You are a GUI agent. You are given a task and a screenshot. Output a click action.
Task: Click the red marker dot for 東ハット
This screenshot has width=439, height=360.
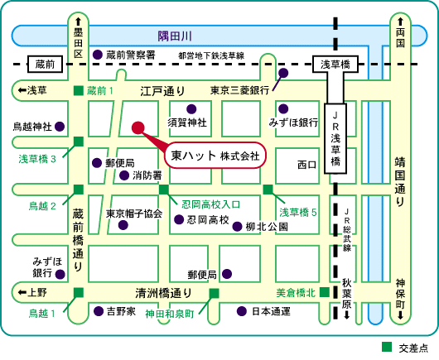click(x=138, y=127)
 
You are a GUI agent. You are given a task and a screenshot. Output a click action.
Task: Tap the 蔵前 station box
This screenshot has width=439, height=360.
click(x=45, y=65)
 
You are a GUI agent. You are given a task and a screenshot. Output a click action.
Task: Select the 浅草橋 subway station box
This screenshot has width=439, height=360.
click(x=335, y=65)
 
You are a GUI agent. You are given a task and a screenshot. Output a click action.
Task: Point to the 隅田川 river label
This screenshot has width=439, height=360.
click(x=175, y=36)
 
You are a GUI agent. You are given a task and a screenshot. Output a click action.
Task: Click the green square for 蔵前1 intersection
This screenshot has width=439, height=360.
click(x=79, y=91)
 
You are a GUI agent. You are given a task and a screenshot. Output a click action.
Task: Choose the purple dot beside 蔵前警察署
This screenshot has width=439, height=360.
click(x=98, y=55)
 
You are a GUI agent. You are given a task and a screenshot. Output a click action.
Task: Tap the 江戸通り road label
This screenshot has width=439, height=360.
click(x=163, y=91)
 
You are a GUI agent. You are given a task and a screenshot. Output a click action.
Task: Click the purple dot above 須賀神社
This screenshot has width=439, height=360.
click(x=191, y=109)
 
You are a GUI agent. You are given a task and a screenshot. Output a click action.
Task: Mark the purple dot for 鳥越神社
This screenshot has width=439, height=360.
click(x=60, y=127)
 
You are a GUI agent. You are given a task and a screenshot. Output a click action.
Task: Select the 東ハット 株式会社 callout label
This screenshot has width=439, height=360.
click(x=215, y=156)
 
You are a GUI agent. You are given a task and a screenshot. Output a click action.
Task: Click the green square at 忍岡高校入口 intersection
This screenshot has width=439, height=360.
click(x=164, y=190)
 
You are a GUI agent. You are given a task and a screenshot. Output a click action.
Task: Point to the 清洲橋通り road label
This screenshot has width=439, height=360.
click(x=164, y=293)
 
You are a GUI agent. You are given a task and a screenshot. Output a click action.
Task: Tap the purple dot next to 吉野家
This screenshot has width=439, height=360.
click(x=99, y=311)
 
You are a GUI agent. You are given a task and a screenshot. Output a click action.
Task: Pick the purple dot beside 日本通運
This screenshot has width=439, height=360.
click(x=242, y=311)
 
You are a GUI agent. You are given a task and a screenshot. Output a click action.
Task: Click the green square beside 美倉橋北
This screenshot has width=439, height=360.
click(x=325, y=292)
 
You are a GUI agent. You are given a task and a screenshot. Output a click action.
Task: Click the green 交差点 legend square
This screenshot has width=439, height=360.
click(x=387, y=347)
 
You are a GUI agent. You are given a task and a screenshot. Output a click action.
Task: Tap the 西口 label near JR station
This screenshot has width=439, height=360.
click(x=306, y=165)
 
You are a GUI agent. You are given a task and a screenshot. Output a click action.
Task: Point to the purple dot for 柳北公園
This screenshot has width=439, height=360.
click(x=237, y=226)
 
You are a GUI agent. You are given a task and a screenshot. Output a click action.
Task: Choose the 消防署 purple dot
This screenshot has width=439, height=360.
click(x=124, y=175)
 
